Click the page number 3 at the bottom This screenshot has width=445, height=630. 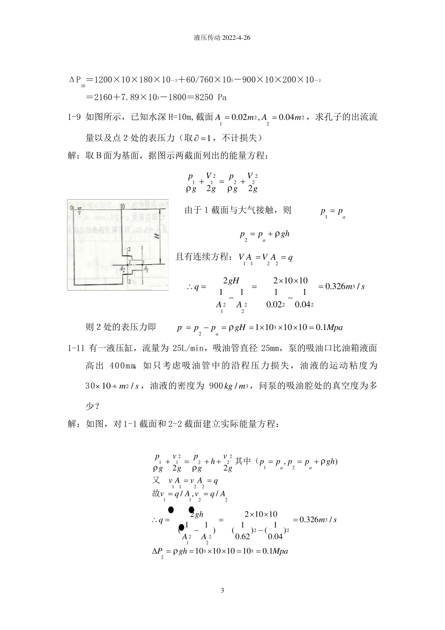[x=222, y=591]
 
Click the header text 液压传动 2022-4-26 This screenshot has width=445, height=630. [x=222, y=38]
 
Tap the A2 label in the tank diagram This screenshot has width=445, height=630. [x=121, y=269]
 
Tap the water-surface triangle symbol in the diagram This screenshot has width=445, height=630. [x=80, y=210]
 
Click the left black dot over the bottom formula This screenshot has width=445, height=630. [x=171, y=510]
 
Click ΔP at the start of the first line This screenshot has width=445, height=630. [x=76, y=81]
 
